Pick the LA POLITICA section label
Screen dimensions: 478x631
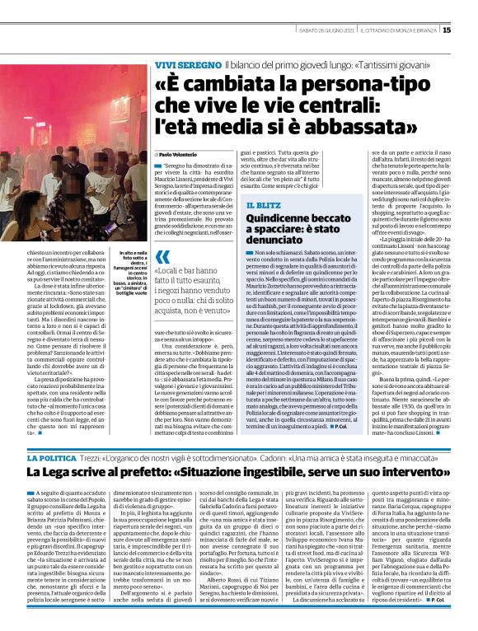[53, 457]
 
